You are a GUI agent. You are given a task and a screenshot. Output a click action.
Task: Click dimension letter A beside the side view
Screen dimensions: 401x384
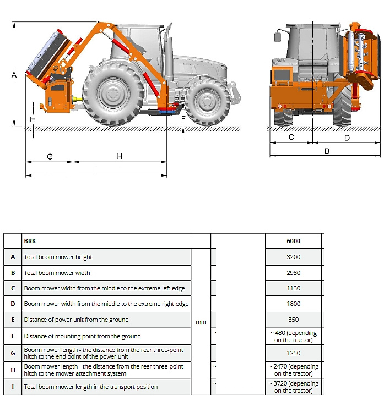point(14,75)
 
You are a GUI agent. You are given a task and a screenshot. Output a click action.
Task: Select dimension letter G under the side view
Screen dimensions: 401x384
point(50,157)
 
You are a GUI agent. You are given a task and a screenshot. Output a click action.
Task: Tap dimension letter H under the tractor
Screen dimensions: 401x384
point(120,157)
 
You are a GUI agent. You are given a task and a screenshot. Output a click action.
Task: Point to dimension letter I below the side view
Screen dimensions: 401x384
point(96,171)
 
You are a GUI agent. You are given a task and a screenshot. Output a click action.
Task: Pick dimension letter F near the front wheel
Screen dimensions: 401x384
point(183,118)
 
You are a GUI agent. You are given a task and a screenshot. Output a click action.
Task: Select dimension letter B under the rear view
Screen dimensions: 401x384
point(327,151)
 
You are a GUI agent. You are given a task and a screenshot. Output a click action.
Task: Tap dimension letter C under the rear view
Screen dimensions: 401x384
point(291,138)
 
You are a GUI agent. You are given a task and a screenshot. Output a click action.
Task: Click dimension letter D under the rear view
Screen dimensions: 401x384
point(347,138)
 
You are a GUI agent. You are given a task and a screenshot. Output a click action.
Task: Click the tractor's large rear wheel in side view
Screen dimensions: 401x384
point(113,94)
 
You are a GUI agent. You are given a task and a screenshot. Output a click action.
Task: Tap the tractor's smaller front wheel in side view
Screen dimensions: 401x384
point(208,102)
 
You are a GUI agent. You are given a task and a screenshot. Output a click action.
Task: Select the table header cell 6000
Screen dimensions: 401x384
point(293,241)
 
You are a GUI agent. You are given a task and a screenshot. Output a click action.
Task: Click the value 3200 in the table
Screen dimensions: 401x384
point(293,257)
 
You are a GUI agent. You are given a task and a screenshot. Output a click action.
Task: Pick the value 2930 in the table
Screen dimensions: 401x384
point(293,273)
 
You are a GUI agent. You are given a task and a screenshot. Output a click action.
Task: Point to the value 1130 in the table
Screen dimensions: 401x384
point(293,288)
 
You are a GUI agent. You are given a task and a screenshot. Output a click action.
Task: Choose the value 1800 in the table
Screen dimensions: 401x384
point(293,304)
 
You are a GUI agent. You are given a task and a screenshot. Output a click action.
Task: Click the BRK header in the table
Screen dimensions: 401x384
point(30,241)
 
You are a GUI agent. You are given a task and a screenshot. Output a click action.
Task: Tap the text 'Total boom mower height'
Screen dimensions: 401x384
point(58,257)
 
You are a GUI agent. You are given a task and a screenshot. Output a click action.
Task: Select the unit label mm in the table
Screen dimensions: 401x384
point(201,322)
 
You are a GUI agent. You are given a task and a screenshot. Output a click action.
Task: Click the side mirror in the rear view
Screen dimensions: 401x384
point(278,37)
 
